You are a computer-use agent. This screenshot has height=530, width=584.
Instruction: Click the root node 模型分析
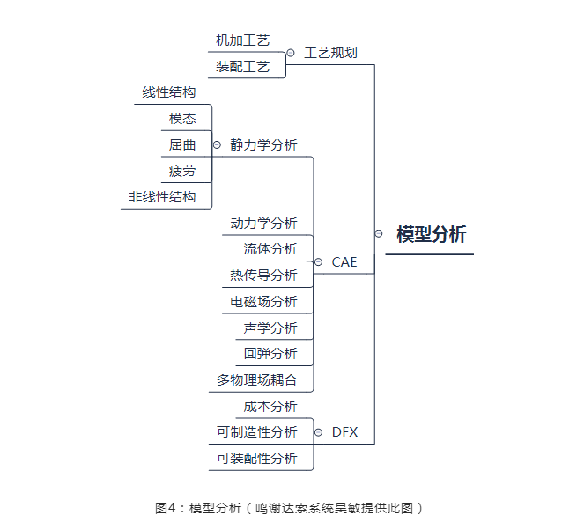(431, 234)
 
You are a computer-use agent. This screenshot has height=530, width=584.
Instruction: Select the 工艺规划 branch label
(330, 53)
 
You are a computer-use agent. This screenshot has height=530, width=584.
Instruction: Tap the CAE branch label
(344, 262)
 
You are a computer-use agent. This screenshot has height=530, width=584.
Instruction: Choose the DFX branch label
(344, 432)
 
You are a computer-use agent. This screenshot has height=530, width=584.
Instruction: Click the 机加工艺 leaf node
(242, 40)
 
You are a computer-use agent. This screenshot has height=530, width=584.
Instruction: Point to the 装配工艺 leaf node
(242, 66)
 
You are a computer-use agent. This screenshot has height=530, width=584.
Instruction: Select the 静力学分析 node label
(263, 145)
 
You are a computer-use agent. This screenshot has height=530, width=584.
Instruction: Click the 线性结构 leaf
(168, 92)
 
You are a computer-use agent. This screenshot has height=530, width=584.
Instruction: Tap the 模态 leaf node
(182, 119)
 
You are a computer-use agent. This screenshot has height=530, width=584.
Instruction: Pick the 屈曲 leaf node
(182, 145)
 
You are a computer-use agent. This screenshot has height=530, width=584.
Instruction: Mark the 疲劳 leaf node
(182, 171)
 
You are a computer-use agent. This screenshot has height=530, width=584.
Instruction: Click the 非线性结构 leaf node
(162, 197)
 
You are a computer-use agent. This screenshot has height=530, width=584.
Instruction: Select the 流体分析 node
(270, 249)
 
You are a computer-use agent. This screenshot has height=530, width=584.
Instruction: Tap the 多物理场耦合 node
(257, 380)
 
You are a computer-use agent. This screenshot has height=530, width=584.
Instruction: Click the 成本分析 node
(270, 407)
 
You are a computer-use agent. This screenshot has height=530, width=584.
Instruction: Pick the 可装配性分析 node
(257, 459)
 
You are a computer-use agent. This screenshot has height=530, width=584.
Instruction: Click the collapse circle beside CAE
(319, 262)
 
